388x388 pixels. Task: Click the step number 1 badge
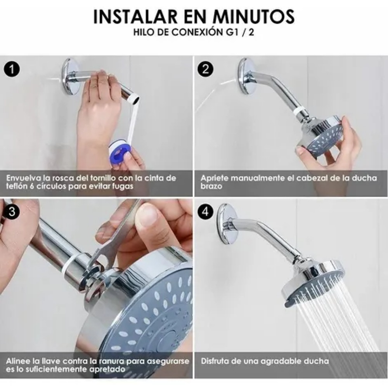click(13, 70)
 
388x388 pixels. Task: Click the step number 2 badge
click(205, 70)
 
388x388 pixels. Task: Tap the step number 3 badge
click(13, 211)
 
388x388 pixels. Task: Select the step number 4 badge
click(205, 211)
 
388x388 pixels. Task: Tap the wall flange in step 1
click(70, 76)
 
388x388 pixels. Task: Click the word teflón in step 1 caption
click(17, 186)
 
